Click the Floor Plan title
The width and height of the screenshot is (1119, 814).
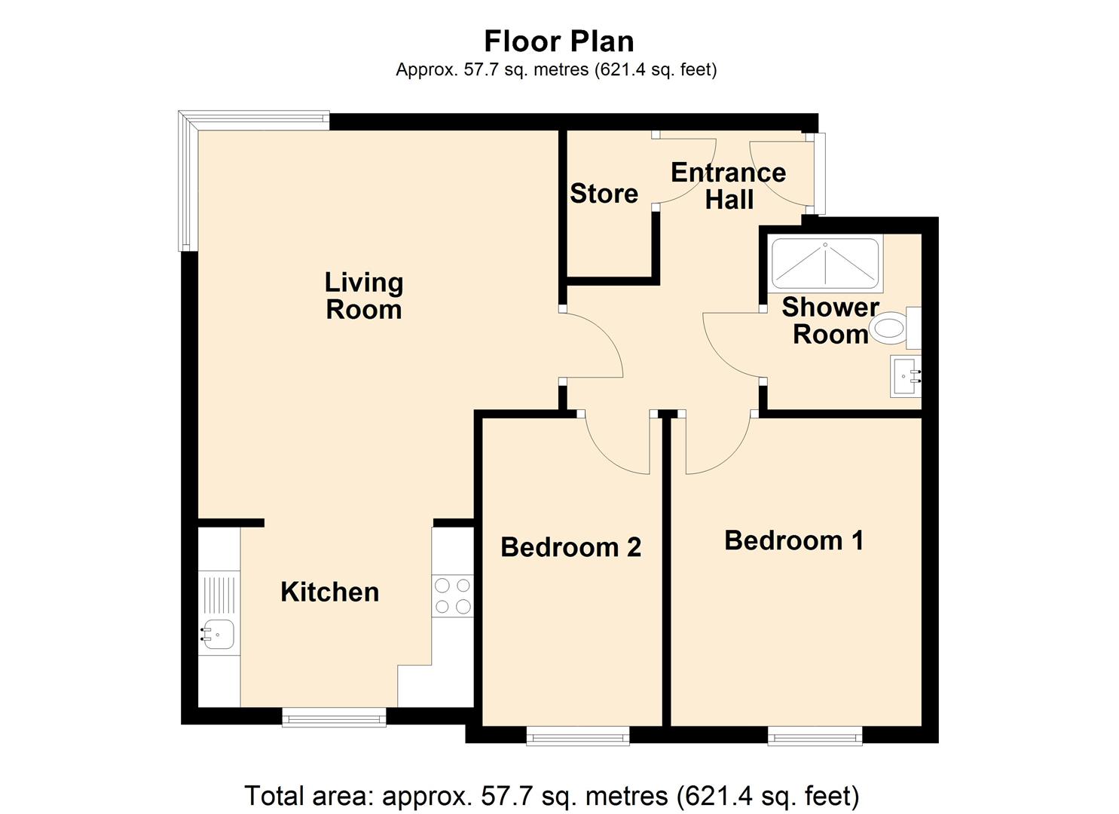[x=558, y=41]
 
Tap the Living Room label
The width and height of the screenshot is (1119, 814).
[x=364, y=296]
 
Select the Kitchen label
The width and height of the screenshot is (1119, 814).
[x=329, y=592]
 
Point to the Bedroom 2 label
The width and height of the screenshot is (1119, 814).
[x=570, y=547]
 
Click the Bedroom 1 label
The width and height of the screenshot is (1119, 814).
[x=793, y=540]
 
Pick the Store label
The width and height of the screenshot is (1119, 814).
[x=604, y=194]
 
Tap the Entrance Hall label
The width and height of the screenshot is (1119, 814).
[x=728, y=186]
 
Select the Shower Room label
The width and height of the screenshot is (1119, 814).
[x=830, y=320]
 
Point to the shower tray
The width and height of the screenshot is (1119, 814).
[x=825, y=265]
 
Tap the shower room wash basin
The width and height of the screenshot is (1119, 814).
[x=905, y=375]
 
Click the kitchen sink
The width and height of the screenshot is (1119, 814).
[x=217, y=633]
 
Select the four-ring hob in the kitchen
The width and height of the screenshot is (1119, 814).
[x=452, y=595]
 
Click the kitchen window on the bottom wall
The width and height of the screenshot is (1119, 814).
[x=334, y=718]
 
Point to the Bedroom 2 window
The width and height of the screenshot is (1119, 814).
[x=577, y=736]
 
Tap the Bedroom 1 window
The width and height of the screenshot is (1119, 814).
[x=815, y=736]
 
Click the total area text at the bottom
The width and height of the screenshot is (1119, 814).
[x=552, y=796]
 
